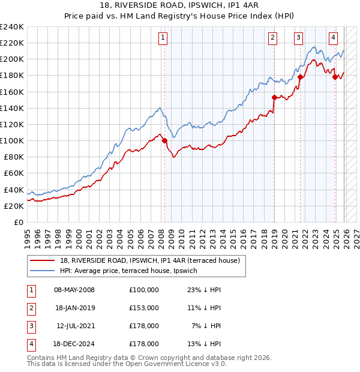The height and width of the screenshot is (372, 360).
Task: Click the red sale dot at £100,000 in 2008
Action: [164, 141]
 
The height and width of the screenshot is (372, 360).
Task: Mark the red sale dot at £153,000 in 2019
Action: [274, 97]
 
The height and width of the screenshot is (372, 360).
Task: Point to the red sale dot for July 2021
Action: [300, 77]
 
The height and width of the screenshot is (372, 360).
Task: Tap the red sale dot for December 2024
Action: [335, 77]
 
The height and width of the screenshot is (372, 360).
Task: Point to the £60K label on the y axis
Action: [14, 173]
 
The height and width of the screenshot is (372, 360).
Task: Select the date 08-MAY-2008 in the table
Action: [74, 290]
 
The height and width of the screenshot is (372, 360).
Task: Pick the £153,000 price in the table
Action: [143, 308]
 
